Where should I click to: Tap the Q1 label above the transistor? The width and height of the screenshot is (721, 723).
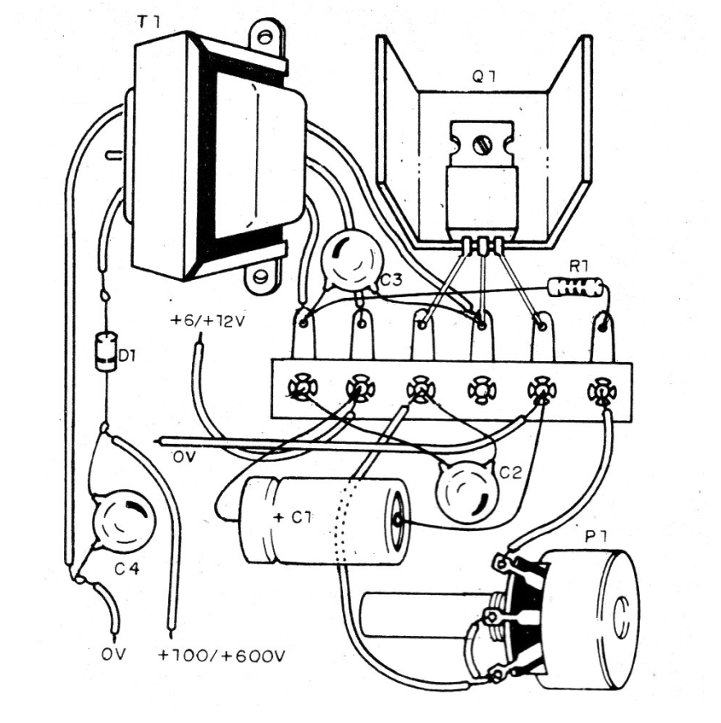click(481, 80)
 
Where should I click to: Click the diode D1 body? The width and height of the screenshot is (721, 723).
click(105, 353)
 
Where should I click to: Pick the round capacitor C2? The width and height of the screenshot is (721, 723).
click(465, 490)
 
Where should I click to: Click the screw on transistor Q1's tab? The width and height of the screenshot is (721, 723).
click(482, 144)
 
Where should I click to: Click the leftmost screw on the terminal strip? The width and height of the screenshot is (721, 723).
click(300, 387)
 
